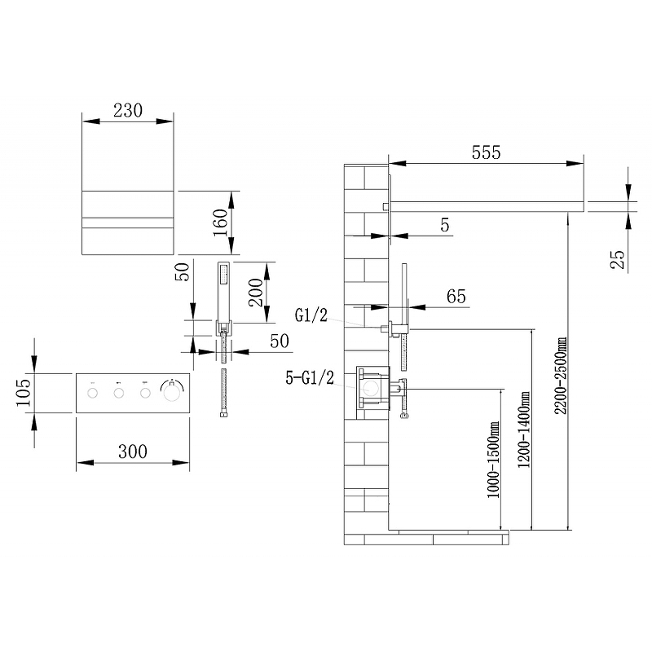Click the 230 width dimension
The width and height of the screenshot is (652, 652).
pyautogui.click(x=128, y=111)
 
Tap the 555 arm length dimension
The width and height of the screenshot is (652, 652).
pyautogui.click(x=486, y=152)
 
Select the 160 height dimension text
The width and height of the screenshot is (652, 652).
pyautogui.click(x=221, y=222)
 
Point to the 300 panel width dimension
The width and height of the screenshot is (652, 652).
pyautogui.click(x=133, y=452)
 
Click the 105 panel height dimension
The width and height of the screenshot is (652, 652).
pyautogui.click(x=24, y=393)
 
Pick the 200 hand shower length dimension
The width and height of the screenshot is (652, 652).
pyautogui.click(x=256, y=293)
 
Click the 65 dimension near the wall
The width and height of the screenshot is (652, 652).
pyautogui.click(x=456, y=297)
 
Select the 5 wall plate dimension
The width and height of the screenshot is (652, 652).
pyautogui.click(x=445, y=225)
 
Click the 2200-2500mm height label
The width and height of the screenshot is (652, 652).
pyautogui.click(x=561, y=376)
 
